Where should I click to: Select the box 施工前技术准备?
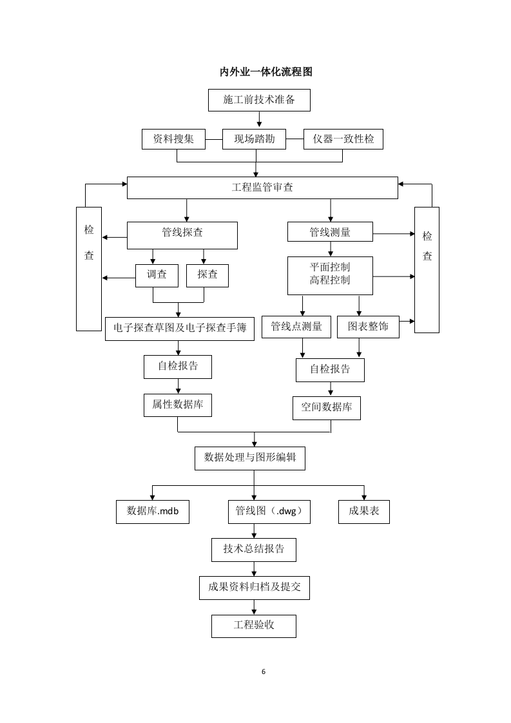(x=259, y=101)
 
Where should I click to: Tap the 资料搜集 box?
(x=173, y=139)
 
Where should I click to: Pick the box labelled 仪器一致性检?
(x=343, y=139)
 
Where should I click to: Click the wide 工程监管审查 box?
(x=262, y=188)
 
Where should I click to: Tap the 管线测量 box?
(x=330, y=232)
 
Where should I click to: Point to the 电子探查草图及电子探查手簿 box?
(x=180, y=327)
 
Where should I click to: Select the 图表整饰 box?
(x=368, y=327)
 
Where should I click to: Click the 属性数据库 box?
(x=177, y=405)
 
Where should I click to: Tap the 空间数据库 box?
(x=327, y=408)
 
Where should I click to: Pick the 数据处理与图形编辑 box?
(x=250, y=458)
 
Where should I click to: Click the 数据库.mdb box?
(x=153, y=511)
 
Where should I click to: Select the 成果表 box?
(x=364, y=511)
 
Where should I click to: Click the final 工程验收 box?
(x=254, y=626)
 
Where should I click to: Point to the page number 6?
(x=264, y=671)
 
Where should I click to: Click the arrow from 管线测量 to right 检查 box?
(x=393, y=233)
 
